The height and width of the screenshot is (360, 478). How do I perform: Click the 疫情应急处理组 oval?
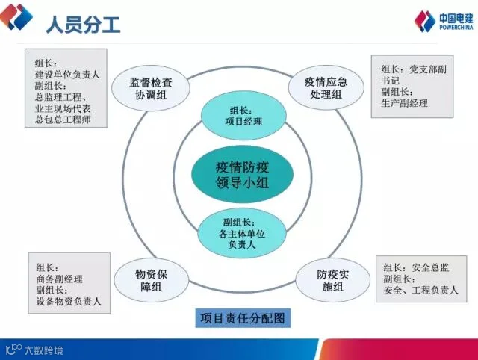tap(323, 87)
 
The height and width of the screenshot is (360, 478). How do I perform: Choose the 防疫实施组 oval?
tap(329, 279)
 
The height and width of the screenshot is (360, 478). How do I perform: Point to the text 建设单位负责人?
tap(67, 75)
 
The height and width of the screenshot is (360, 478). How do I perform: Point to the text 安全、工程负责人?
tap(421, 290)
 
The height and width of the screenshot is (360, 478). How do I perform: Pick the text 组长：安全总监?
tap(416, 267)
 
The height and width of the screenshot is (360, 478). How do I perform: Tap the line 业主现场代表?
tap(68, 108)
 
